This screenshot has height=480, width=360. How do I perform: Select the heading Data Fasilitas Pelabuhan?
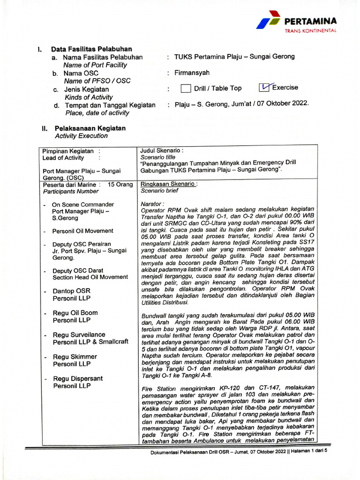91,49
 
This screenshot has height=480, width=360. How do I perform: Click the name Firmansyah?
192,73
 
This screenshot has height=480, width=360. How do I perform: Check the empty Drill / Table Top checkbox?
186,89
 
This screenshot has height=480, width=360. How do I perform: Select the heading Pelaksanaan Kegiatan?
90,127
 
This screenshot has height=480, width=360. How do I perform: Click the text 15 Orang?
120,184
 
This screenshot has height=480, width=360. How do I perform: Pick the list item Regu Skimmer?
75,357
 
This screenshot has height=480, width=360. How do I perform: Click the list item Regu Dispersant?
78,379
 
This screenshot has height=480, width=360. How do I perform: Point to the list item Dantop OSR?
71,291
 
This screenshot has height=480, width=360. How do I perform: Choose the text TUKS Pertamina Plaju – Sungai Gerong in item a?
234,57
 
